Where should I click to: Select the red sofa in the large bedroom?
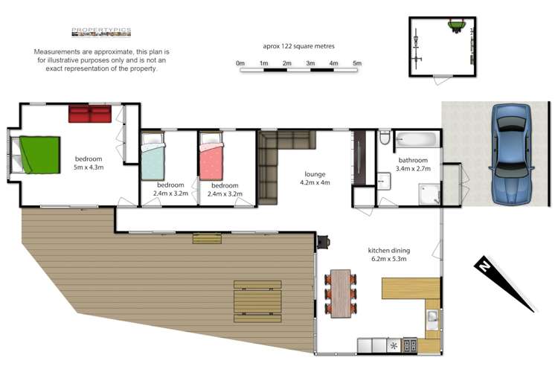click(90, 114)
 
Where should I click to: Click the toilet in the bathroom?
click(384, 138)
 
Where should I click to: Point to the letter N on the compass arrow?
click(484, 265)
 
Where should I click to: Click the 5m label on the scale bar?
click(356, 63)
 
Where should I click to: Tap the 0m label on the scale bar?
click(240, 63)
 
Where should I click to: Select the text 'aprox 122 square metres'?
click(297, 45)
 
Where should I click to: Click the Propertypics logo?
click(101, 32)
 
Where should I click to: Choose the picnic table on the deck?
click(257, 301)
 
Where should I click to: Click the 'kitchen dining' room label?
click(389, 251)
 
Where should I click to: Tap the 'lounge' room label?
click(315, 174)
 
